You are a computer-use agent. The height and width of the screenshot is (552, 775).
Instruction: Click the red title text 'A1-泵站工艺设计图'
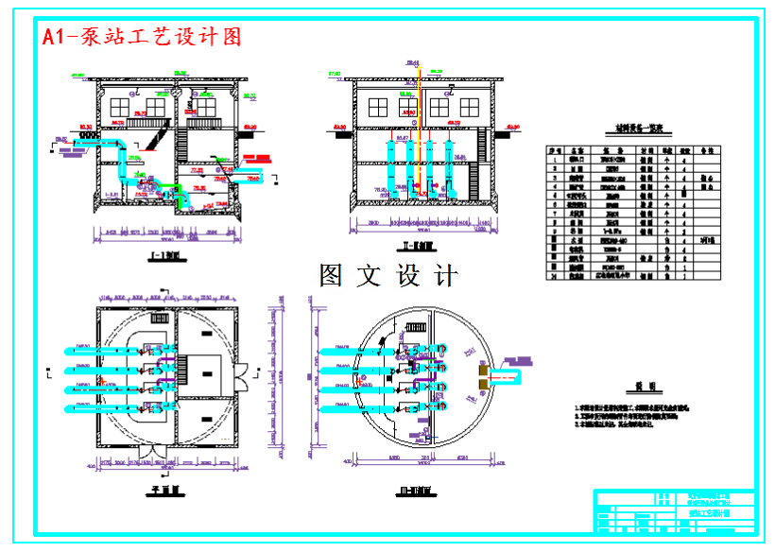(x=143, y=36)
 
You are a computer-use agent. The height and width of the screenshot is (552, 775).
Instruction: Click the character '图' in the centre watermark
(x=331, y=276)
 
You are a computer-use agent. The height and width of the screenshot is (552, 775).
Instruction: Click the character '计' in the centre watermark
(x=445, y=276)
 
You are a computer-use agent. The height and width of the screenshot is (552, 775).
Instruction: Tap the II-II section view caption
(x=416, y=249)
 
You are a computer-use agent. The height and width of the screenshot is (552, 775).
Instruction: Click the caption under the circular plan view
(x=416, y=492)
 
